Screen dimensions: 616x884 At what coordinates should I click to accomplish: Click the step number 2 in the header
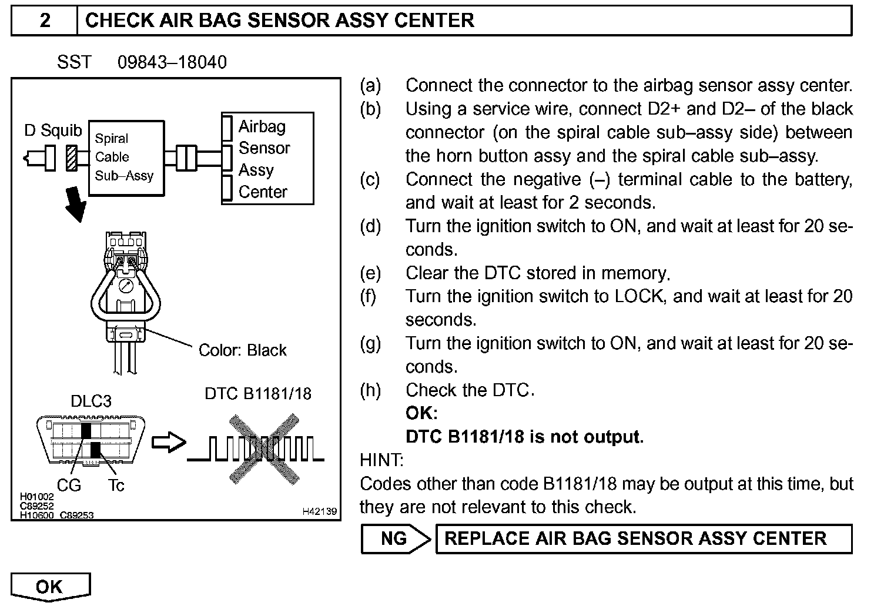pos(45,21)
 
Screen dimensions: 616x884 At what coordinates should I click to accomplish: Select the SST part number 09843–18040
pos(172,62)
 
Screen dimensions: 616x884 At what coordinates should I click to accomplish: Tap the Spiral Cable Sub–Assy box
pos(126,158)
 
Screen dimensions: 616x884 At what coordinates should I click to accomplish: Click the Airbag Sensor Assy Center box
pos(267,159)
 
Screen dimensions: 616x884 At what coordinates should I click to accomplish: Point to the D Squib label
pos(53,130)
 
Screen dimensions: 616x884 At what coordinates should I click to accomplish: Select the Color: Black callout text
pos(242,350)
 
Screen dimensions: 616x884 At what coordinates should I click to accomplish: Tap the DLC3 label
pos(91,401)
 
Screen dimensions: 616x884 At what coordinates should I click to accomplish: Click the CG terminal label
pos(69,486)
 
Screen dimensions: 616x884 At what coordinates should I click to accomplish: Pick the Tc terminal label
pos(116,486)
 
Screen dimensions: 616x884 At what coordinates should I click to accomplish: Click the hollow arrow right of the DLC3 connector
pos(169,442)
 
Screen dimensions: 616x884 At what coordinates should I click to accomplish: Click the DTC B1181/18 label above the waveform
pos(258,393)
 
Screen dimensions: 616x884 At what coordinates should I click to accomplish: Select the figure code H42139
pos(320,512)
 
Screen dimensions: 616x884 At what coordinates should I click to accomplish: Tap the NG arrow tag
pos(395,538)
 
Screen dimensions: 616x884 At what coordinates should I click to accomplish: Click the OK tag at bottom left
pos(49,587)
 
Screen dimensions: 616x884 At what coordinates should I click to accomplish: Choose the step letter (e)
pos(370,273)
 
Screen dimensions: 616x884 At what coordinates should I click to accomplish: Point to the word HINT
pos(381,460)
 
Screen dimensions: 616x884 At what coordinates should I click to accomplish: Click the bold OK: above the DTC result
pos(421,413)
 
